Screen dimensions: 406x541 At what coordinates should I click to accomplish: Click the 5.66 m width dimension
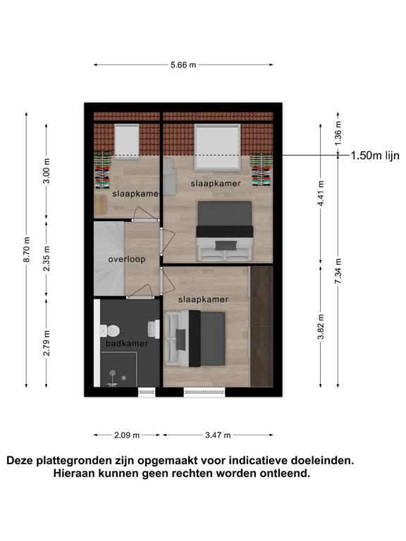(x=183, y=65)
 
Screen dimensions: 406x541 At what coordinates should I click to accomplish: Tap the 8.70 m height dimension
(x=27, y=249)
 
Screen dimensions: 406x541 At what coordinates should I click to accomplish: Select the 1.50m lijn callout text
(x=375, y=156)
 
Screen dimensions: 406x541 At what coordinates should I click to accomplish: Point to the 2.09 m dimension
(x=127, y=435)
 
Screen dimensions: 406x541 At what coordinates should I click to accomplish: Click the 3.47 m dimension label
(x=218, y=435)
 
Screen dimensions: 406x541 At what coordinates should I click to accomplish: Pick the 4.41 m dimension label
(x=321, y=194)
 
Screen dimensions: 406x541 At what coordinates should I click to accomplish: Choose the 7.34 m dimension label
(x=338, y=271)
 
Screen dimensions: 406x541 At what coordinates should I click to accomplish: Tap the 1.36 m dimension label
(x=338, y=133)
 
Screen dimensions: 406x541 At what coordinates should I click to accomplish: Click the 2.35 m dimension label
(x=47, y=259)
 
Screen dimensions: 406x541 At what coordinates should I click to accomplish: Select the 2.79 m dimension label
(x=47, y=343)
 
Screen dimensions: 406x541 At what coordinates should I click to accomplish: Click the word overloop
(x=127, y=259)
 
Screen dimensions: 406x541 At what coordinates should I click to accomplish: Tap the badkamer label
(x=127, y=343)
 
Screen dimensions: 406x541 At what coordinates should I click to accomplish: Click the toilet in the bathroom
(x=110, y=331)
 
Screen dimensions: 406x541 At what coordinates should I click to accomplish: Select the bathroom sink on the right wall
(x=154, y=329)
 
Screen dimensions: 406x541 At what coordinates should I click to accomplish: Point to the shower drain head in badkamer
(x=113, y=373)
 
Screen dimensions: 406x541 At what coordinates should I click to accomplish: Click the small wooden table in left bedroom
(x=100, y=204)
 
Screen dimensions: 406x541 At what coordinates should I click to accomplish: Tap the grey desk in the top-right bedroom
(x=169, y=177)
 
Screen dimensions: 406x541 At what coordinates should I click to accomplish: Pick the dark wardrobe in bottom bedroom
(x=262, y=326)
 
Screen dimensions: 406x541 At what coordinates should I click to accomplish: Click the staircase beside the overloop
(x=109, y=259)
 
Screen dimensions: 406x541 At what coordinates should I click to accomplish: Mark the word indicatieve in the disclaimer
(x=258, y=460)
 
